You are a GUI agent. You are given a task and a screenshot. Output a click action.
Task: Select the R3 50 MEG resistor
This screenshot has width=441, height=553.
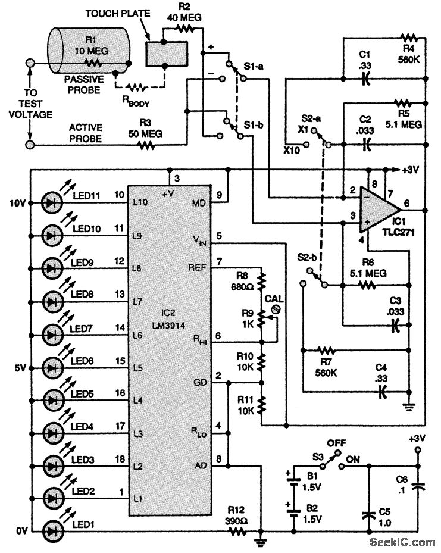(143, 143)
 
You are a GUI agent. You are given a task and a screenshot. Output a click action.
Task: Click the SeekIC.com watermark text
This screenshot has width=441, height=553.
(402, 542)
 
